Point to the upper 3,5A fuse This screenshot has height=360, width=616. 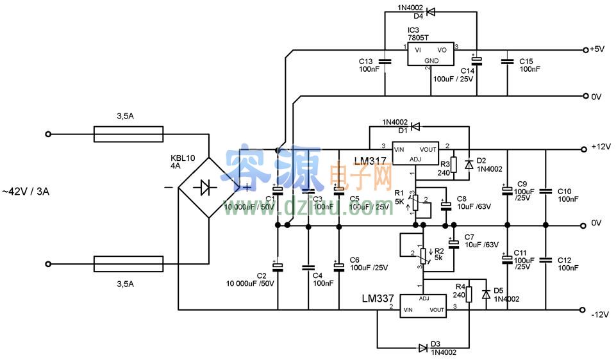[128, 135]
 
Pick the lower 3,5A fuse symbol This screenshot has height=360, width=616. [128, 263]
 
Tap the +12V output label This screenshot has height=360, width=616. [600, 147]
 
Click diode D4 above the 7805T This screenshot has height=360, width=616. [431, 12]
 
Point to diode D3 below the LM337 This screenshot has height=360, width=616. [423, 348]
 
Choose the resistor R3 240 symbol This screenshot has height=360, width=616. [453, 165]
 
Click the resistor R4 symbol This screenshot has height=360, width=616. [469, 294]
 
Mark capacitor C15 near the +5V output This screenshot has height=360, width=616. [508, 62]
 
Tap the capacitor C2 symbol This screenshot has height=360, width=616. [278, 265]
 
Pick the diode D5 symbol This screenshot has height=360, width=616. [485, 294]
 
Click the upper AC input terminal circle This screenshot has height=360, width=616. [47, 135]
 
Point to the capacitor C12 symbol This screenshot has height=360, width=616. [545, 259]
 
